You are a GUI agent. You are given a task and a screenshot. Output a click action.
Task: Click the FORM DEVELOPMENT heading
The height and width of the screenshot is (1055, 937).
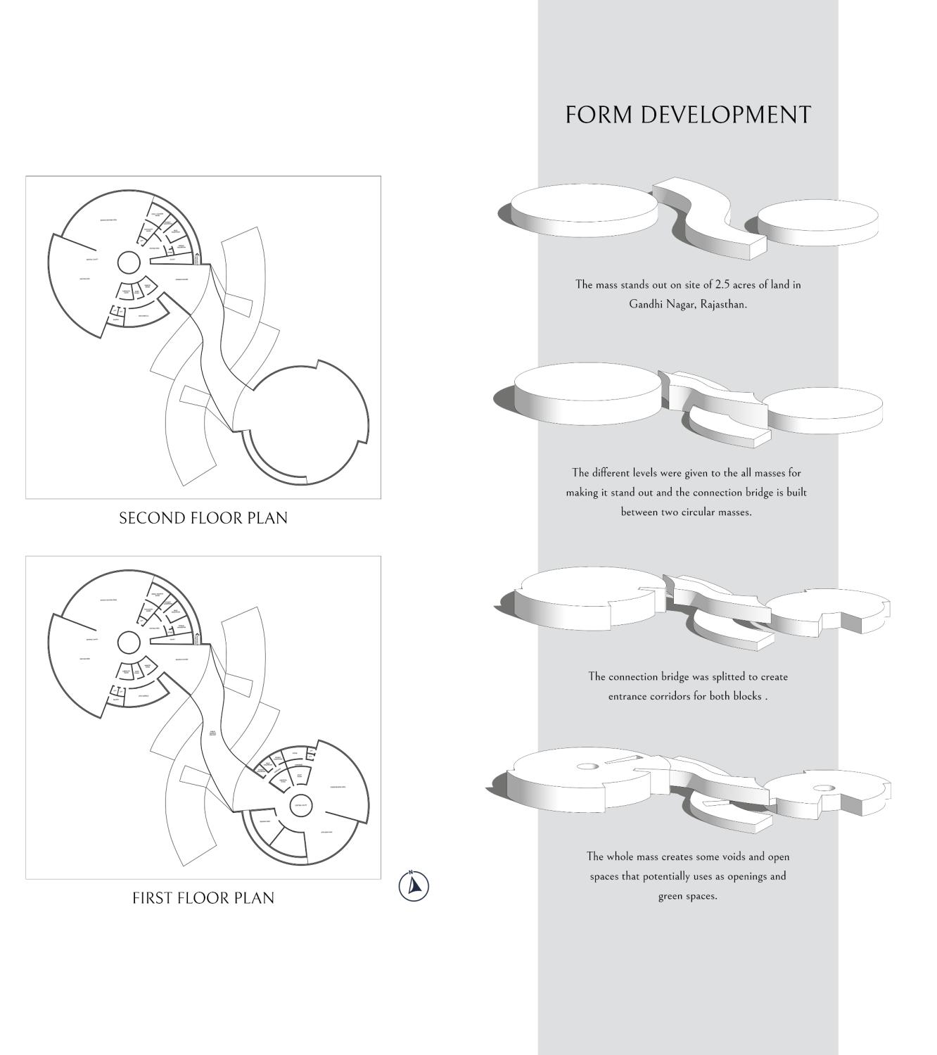tap(688, 115)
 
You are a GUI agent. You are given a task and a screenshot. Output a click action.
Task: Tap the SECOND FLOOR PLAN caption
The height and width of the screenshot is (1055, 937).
tap(203, 518)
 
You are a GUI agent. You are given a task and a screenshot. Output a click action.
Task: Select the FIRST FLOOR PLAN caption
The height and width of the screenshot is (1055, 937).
tap(203, 898)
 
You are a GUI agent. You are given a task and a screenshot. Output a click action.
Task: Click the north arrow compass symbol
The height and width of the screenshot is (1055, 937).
tap(414, 885)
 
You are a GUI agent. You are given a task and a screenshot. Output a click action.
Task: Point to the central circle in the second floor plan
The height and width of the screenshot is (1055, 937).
tap(128, 263)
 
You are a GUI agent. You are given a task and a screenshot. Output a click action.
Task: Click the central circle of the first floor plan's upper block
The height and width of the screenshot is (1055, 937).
tap(128, 643)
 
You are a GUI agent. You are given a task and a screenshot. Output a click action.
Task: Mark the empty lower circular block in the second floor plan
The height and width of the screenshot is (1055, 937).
tap(302, 422)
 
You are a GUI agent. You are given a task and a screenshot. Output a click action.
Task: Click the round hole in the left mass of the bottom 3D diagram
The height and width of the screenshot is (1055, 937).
tap(587, 766)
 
